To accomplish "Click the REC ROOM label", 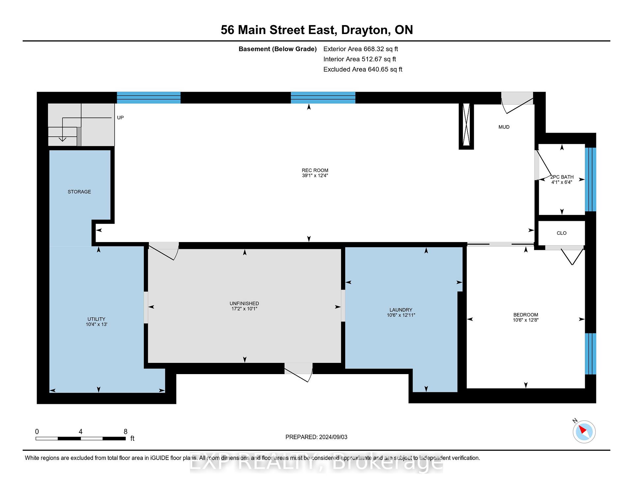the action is click(315, 170).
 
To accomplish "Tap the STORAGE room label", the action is click(79, 192).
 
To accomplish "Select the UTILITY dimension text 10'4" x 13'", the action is click(96, 325).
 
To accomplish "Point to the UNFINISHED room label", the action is click(244, 303).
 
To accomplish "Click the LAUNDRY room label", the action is click(401, 310).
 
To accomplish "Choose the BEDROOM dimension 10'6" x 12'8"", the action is click(526, 320).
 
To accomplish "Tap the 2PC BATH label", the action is click(562, 177).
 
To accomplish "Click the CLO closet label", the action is click(561, 233).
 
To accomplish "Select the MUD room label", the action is click(504, 127).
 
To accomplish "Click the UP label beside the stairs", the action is click(120, 118).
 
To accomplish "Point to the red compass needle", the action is click(583, 430).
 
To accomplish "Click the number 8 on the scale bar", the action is click(125, 432).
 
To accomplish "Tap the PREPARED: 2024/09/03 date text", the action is click(316, 437).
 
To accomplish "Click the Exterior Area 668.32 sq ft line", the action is click(361, 49).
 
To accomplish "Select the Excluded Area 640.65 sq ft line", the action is click(363, 69).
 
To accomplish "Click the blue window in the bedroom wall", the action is click(590, 354).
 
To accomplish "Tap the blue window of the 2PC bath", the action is click(590, 179).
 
